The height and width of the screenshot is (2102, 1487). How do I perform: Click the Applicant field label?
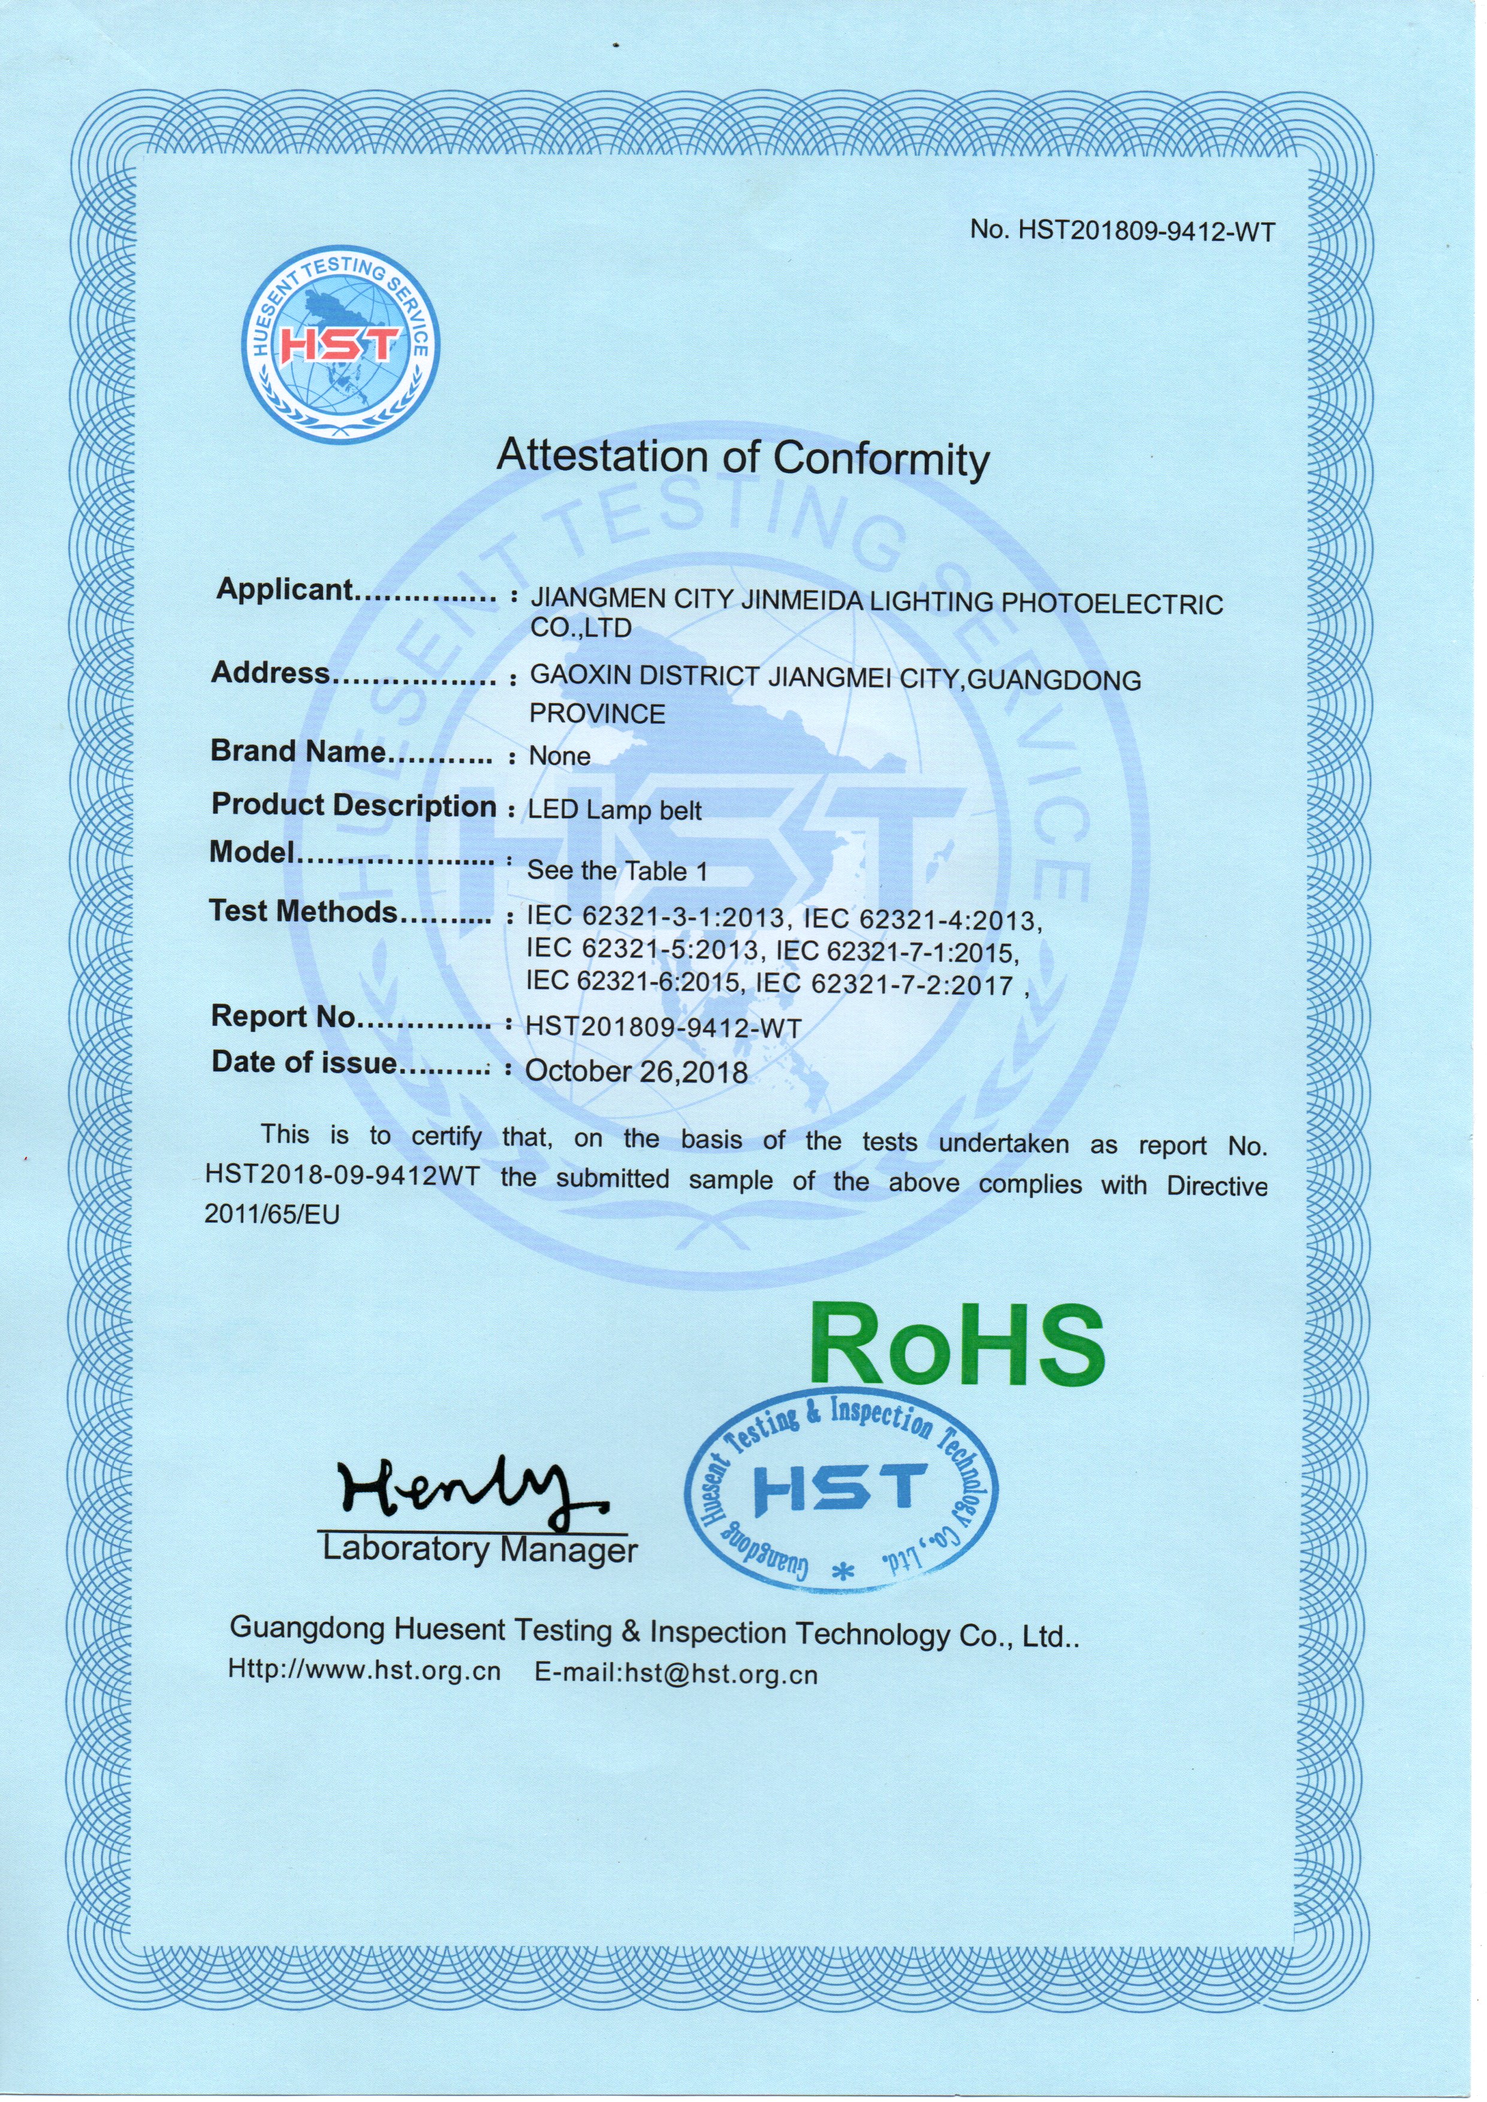pyautogui.click(x=285, y=591)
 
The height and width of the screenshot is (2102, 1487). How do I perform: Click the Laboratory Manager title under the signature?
pyautogui.click(x=480, y=1550)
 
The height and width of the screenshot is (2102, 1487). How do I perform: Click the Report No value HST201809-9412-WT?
pyautogui.click(x=664, y=1028)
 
